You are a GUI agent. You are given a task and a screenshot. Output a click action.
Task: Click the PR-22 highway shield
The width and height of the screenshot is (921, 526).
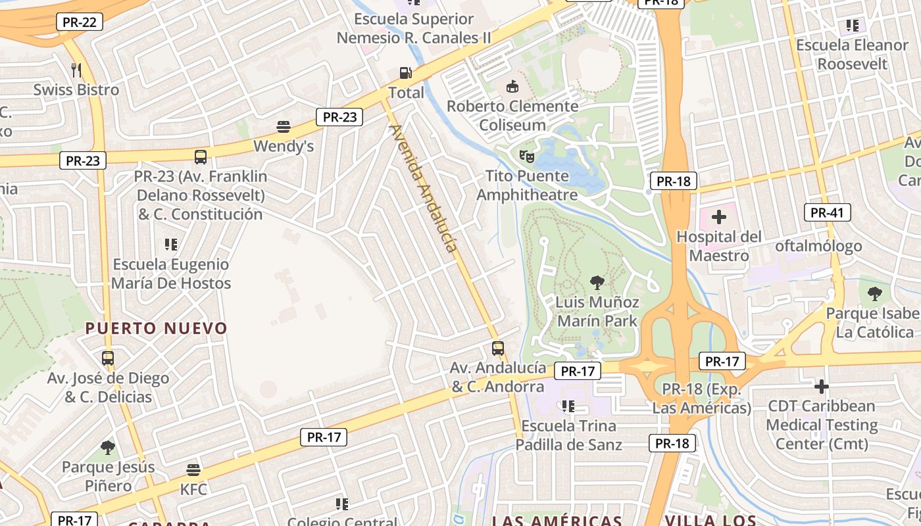[80, 22]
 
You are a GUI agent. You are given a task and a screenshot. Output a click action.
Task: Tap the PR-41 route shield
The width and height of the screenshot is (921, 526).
[827, 212]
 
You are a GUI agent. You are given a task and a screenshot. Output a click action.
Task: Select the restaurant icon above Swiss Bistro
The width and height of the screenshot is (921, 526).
[76, 70]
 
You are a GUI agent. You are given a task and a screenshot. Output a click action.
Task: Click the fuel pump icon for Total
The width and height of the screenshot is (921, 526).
[406, 72]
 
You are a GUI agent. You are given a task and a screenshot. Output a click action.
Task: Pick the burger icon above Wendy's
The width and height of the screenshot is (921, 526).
[284, 126]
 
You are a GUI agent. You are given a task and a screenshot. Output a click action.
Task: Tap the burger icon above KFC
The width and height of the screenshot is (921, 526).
[193, 470]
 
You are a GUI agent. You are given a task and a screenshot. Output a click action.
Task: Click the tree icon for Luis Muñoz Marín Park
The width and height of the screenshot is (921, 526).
[597, 283]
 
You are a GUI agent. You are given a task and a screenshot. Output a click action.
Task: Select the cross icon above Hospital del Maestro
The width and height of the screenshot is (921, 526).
[719, 216]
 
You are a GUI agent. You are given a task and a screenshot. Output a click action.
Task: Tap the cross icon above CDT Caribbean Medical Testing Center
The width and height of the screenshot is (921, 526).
[821, 386]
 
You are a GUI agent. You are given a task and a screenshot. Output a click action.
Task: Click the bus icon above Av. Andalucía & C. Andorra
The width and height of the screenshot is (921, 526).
[498, 348]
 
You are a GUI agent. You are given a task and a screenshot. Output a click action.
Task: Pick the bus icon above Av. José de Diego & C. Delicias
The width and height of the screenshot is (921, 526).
[108, 358]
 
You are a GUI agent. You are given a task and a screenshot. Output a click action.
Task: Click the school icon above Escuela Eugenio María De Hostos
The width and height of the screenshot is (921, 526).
[171, 245]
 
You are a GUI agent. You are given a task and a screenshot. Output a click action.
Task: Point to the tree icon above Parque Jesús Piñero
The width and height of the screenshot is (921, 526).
[108, 448]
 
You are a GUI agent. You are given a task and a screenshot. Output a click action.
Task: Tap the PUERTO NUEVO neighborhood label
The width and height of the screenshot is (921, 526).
[156, 328]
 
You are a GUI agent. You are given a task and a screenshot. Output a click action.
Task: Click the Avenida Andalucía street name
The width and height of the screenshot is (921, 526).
[423, 188]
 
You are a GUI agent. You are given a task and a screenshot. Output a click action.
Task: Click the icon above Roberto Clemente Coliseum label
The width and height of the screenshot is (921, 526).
[512, 86]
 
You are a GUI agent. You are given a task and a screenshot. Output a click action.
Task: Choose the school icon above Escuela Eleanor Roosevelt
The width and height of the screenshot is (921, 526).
[852, 26]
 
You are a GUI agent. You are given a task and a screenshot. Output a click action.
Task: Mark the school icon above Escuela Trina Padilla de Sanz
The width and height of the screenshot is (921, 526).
[568, 406]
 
